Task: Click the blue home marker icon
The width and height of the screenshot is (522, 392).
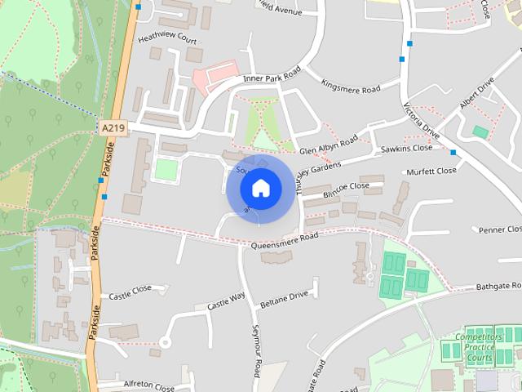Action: tap(260, 189)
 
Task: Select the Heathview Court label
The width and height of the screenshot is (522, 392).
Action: tap(168, 38)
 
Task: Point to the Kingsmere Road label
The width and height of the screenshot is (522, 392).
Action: tap(351, 86)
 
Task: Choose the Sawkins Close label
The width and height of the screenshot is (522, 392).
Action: tap(406, 149)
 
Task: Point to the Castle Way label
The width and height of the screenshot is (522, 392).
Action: tap(226, 301)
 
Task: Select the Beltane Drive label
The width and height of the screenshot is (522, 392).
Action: tap(284, 294)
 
